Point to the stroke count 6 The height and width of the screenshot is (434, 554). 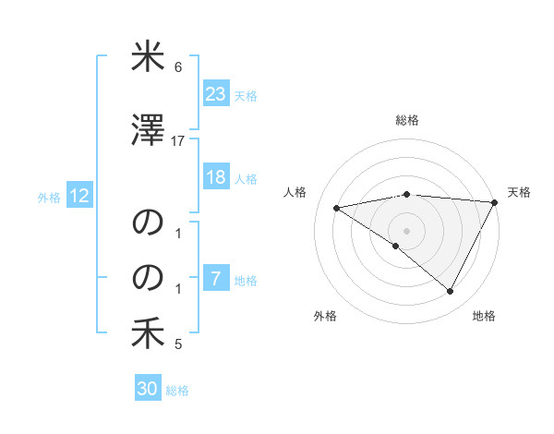177,68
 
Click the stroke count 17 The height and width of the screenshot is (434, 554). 178,140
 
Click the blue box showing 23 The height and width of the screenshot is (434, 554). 215,94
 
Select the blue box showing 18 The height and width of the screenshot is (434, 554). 215,177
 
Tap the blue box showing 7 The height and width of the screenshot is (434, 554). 215,279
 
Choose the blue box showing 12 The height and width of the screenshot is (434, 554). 78,196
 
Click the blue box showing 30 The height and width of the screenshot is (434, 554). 148,390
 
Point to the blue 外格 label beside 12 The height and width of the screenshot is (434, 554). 49,197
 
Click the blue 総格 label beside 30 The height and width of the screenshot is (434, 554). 177,391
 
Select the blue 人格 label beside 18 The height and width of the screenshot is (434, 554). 246,178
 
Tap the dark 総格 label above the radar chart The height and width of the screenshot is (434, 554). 406,120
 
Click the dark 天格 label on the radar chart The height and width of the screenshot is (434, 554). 519,192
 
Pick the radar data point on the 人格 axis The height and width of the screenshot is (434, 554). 336,208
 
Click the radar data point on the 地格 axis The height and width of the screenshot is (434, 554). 451,292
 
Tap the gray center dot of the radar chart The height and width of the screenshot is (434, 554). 406,229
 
